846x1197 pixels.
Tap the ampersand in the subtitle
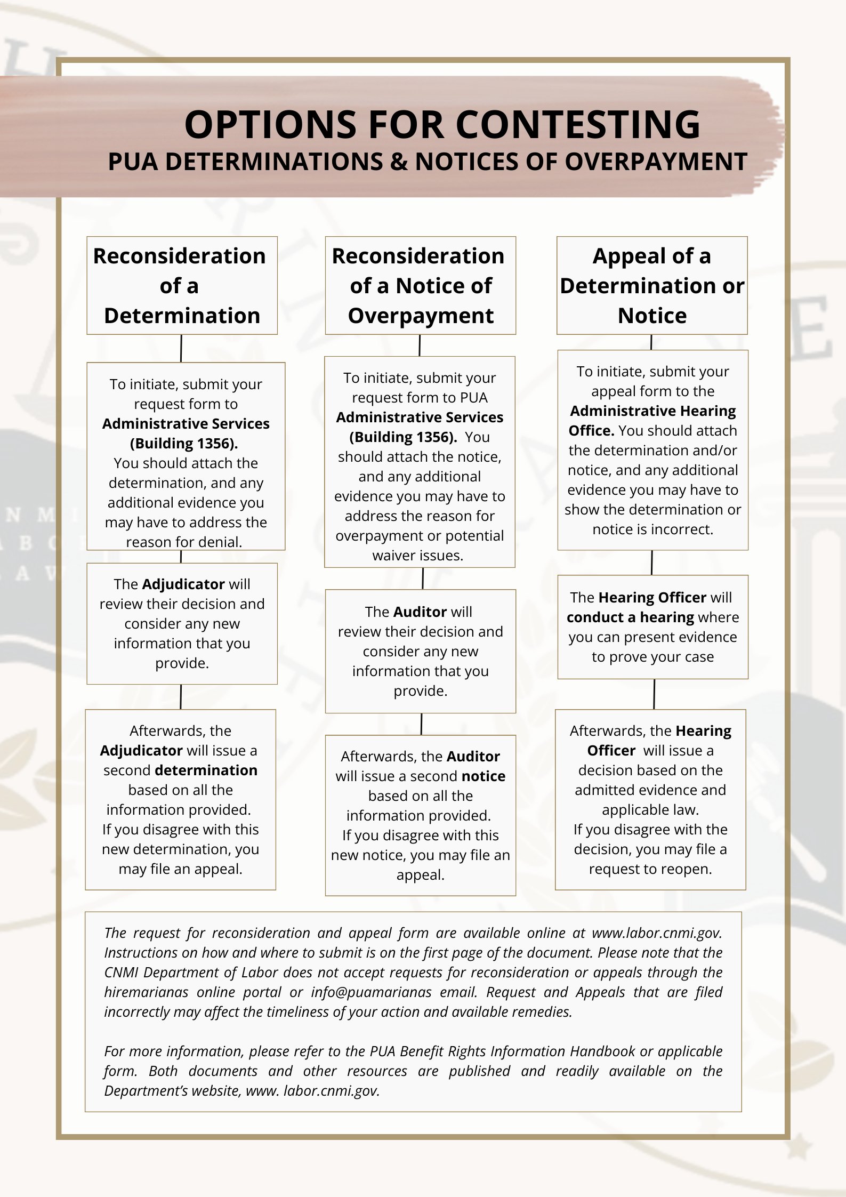(x=399, y=162)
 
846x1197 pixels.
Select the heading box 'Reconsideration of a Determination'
(x=182, y=286)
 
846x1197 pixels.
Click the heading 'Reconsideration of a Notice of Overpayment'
(x=420, y=286)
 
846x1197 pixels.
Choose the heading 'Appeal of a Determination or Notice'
(x=651, y=286)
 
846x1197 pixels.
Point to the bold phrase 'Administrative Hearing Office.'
(x=652, y=421)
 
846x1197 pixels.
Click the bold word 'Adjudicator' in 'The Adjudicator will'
(x=183, y=584)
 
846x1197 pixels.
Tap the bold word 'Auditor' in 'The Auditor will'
(x=420, y=612)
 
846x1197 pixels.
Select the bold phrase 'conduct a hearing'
(x=630, y=617)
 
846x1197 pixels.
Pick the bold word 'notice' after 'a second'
(x=483, y=776)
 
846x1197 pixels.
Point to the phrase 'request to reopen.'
(x=650, y=869)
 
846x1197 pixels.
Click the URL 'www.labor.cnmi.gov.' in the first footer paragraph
(x=657, y=933)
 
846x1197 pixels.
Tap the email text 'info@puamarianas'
(x=371, y=992)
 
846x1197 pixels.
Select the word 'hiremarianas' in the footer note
(x=146, y=992)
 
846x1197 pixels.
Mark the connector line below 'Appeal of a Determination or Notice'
(x=651, y=342)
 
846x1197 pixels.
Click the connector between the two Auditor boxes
(x=421, y=724)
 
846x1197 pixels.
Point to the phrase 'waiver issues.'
(x=418, y=556)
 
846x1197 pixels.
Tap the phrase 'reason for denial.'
(x=184, y=542)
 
